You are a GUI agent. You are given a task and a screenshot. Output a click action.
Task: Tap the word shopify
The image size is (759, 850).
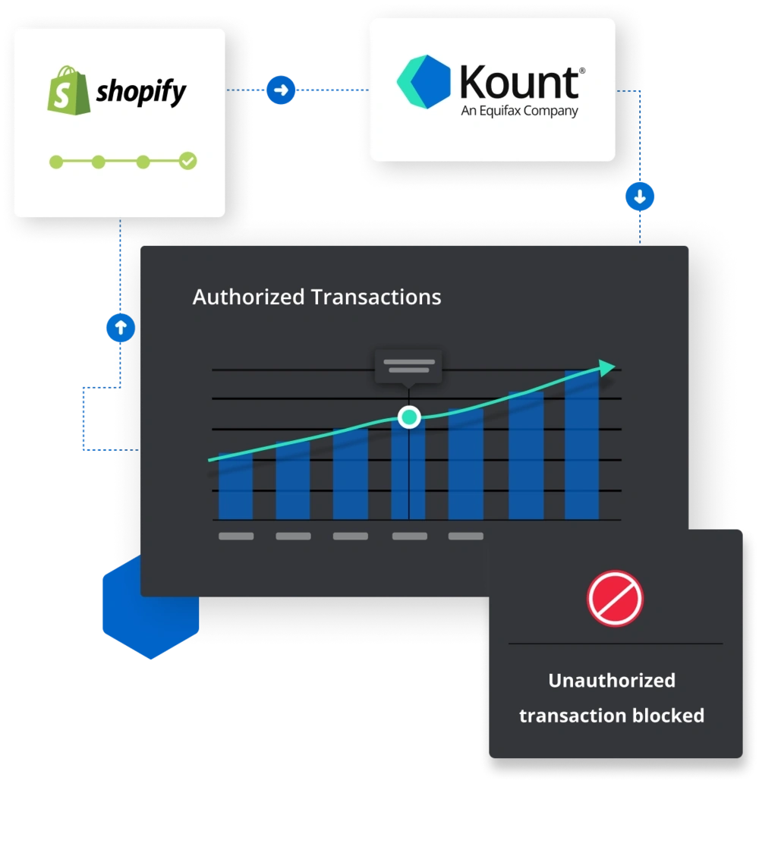click(x=141, y=93)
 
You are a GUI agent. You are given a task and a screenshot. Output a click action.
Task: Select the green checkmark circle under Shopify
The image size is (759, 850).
click(x=187, y=161)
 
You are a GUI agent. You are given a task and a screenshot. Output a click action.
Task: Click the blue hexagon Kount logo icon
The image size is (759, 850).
click(x=424, y=81)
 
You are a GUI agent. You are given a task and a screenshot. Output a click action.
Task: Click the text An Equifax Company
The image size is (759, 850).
click(x=519, y=111)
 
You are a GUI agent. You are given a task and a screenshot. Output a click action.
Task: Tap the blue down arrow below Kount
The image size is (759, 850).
click(x=640, y=197)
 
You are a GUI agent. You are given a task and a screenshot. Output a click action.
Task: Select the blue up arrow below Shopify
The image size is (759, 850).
click(x=120, y=328)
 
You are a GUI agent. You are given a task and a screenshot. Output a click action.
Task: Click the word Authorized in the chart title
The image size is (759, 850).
click(x=249, y=297)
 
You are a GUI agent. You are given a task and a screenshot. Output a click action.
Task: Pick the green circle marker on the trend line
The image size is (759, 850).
click(x=409, y=417)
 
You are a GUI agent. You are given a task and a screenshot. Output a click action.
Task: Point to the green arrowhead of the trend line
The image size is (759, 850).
click(x=606, y=367)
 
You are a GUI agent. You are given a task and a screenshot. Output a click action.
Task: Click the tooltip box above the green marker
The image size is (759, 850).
click(x=408, y=367)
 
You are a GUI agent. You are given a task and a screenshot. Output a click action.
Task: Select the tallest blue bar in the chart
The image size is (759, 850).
click(x=581, y=446)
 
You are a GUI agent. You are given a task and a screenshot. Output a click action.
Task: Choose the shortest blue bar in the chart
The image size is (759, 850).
click(x=235, y=487)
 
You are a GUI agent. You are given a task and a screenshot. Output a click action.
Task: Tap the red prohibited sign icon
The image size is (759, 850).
click(x=615, y=598)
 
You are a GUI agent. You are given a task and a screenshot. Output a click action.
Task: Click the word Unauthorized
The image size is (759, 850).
click(x=612, y=680)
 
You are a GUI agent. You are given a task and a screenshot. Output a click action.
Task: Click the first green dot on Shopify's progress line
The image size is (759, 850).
click(x=55, y=161)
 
